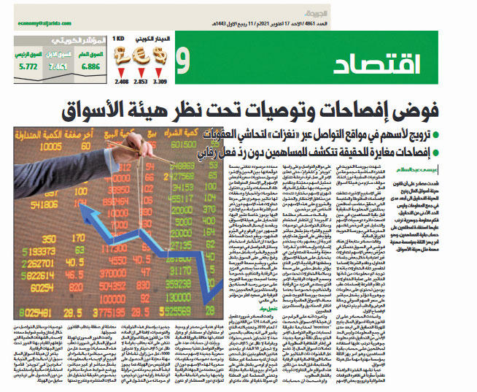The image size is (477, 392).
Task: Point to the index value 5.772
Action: click(28, 66)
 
